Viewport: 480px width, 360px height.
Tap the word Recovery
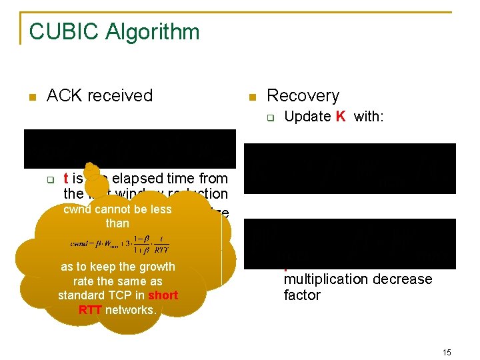tap(303, 95)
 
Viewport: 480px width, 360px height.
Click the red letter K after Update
tap(340, 117)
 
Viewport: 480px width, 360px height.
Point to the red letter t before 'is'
tap(65, 179)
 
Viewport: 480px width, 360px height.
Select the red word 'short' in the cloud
tap(163, 295)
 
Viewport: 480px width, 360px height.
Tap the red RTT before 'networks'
tap(91, 309)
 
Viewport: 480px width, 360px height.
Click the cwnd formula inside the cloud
tap(117, 243)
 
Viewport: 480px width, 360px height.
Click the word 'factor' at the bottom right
tap(302, 295)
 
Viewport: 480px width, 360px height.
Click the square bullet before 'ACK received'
tap(31, 97)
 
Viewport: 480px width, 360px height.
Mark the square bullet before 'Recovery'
tap(251, 97)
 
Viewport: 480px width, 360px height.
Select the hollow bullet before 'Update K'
tap(271, 119)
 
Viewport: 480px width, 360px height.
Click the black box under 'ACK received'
tap(130, 148)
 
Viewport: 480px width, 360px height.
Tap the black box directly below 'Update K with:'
tap(349, 168)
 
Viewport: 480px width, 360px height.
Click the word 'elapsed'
tap(136, 179)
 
